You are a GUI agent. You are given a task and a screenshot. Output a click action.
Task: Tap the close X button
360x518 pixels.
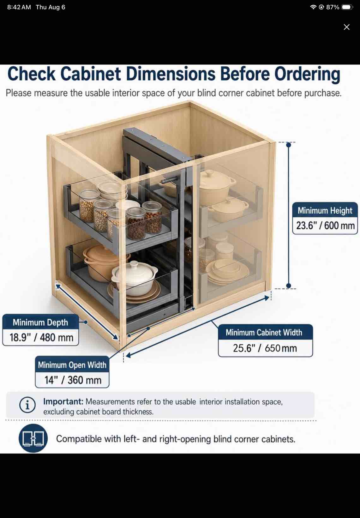click(346, 27)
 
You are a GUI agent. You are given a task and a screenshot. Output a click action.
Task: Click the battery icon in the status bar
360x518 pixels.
click(347, 7)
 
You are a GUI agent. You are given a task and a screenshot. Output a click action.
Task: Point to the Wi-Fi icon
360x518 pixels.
click(313, 7)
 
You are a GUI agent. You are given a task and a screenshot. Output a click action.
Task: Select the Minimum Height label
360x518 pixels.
click(325, 210)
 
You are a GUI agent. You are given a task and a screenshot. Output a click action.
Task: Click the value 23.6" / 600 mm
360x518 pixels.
click(325, 226)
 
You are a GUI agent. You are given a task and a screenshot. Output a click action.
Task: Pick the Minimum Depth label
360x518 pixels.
click(40, 322)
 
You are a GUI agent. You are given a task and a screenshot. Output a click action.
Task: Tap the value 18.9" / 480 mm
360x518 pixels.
click(41, 337)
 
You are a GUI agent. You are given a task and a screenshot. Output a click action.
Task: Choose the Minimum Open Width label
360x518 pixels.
click(72, 365)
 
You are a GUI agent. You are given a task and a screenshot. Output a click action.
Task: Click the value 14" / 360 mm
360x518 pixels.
click(73, 380)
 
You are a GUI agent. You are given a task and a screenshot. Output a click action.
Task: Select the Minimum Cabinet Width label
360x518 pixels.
click(264, 333)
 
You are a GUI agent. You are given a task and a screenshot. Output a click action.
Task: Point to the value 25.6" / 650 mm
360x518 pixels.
click(265, 348)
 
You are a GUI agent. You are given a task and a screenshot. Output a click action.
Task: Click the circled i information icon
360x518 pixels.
click(27, 405)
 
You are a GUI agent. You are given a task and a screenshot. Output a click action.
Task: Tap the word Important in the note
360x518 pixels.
click(63, 402)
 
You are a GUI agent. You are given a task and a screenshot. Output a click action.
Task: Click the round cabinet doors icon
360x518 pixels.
click(33, 438)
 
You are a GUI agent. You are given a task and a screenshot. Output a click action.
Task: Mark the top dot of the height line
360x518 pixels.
click(288, 145)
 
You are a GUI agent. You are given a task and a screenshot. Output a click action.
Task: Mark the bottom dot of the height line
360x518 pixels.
click(288, 286)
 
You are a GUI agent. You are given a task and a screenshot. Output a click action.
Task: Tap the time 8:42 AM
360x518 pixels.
click(19, 7)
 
